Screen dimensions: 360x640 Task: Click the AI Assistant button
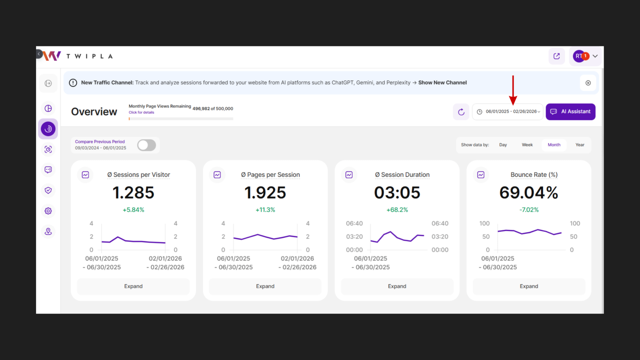tap(570, 112)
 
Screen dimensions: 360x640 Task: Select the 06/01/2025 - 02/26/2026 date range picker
tap(508, 112)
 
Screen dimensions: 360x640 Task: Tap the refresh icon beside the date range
tap(461, 112)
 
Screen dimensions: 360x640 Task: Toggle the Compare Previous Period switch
tap(146, 145)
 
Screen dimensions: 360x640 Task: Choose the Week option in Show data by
tap(527, 145)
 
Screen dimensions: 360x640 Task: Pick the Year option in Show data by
tap(580, 145)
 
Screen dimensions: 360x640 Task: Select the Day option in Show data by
tap(503, 145)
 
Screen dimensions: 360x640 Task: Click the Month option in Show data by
tap(554, 145)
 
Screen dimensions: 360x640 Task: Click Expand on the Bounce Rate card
tap(529, 286)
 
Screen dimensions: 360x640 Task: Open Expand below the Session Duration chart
tap(397, 286)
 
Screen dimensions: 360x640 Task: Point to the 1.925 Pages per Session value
tap(265, 193)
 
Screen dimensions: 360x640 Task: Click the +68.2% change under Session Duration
tap(397, 210)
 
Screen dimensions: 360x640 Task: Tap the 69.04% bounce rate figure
tap(529, 193)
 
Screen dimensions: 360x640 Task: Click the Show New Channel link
tap(442, 83)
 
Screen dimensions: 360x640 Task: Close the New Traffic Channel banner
tap(588, 83)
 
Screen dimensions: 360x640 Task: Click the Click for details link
tap(141, 112)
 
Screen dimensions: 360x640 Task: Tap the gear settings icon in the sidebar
tap(48, 211)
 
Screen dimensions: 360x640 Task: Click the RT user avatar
tap(579, 56)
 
